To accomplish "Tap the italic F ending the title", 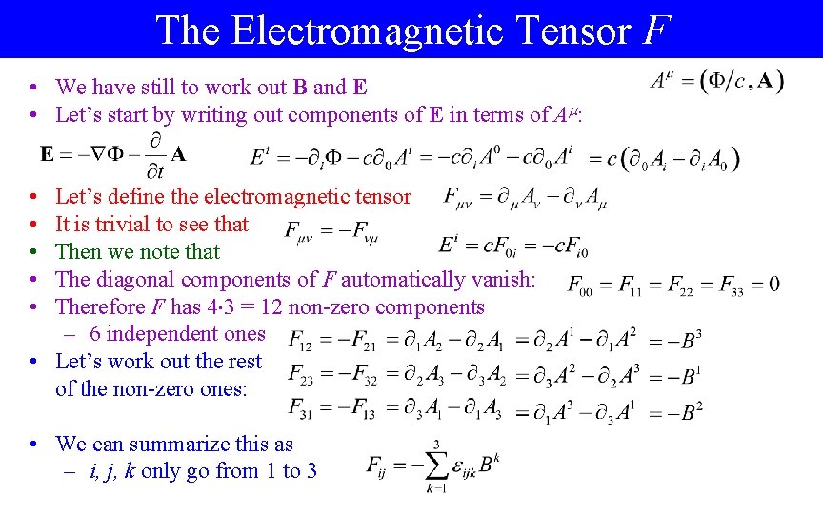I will pos(653,30).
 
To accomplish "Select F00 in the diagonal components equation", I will pos(581,285).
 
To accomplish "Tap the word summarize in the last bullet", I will pos(191,444).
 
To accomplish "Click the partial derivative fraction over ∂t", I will pos(152,160).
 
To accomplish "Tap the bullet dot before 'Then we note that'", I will pos(32,252).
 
